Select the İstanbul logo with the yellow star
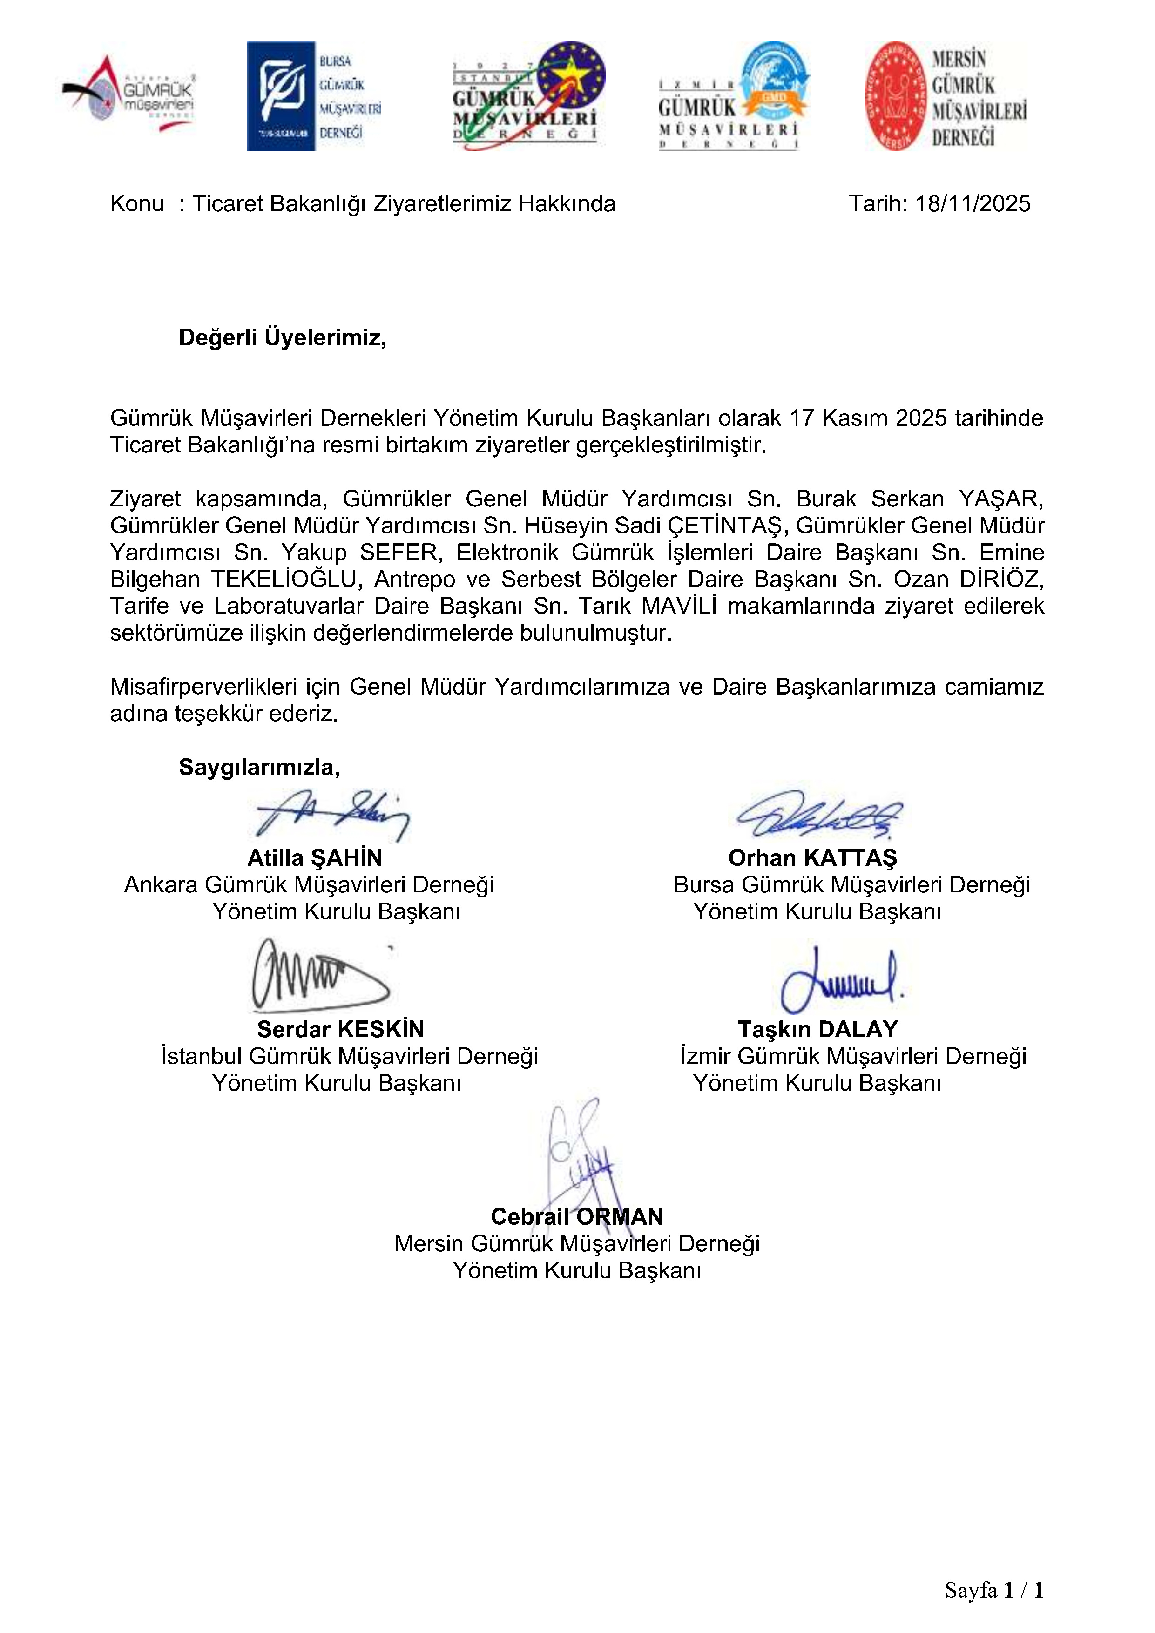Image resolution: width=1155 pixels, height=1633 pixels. click(x=528, y=94)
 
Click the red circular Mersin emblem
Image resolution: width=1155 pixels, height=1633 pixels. click(x=895, y=96)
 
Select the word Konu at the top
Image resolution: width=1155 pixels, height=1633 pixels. click(x=136, y=204)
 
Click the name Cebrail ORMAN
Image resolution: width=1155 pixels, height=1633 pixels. click(x=577, y=1216)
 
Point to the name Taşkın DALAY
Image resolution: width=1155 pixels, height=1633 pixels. click(x=818, y=1029)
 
